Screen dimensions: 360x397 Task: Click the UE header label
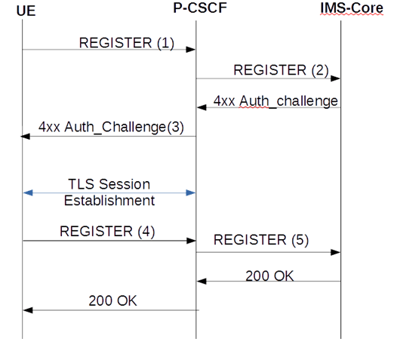pos(26,13)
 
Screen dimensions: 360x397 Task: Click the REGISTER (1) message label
pos(127,43)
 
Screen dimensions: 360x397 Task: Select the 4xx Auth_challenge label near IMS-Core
pos(275,100)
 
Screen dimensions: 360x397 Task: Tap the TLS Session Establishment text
pos(109,192)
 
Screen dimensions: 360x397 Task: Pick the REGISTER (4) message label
pos(107,232)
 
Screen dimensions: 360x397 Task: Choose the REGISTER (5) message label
pos(261,240)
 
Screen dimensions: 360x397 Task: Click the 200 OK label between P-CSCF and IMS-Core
pos(269,275)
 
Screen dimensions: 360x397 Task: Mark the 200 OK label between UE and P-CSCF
pos(112,300)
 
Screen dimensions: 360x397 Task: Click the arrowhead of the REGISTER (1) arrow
pos(192,50)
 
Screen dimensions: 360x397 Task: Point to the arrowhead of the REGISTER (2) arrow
pos(337,78)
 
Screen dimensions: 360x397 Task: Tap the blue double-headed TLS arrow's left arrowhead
pos(26,193)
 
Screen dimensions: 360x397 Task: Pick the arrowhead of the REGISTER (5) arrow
pos(337,253)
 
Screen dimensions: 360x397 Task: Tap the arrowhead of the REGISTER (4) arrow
pos(192,241)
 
